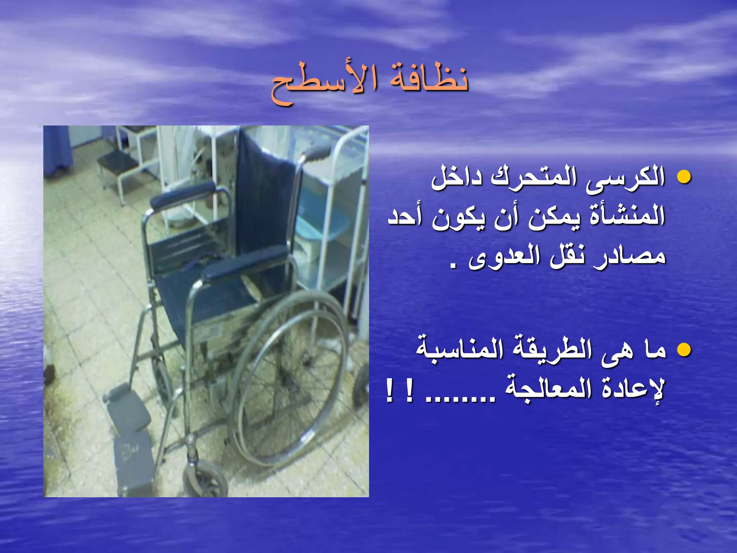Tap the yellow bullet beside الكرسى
pyautogui.click(x=684, y=177)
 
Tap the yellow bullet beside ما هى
pyautogui.click(x=684, y=350)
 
